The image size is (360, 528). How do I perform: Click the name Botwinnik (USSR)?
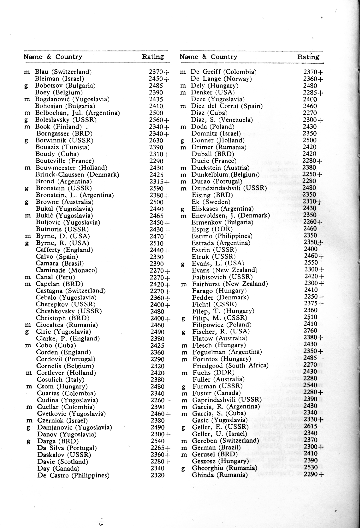coord(64,140)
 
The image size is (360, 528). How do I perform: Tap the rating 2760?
coord(310,330)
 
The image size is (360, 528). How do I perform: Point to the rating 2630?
coord(156,140)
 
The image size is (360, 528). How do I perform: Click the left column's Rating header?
coord(153,57)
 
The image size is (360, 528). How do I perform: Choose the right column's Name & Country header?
coord(208,57)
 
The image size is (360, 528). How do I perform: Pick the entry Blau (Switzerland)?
coord(63,72)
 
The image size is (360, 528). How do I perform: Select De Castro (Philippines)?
coord(73,475)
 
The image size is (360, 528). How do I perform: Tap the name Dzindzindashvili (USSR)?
coord(229,188)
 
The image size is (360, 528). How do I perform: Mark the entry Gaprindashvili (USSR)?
coord(227,400)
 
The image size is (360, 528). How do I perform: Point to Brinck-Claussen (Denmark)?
coord(77,175)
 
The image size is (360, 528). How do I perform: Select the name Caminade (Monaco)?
coord(66,270)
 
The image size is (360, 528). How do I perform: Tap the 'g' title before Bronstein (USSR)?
coord(27,189)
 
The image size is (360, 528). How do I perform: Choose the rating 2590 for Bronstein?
coord(157,188)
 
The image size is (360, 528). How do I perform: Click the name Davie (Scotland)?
coord(63,462)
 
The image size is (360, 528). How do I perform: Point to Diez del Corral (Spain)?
coord(227,106)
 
